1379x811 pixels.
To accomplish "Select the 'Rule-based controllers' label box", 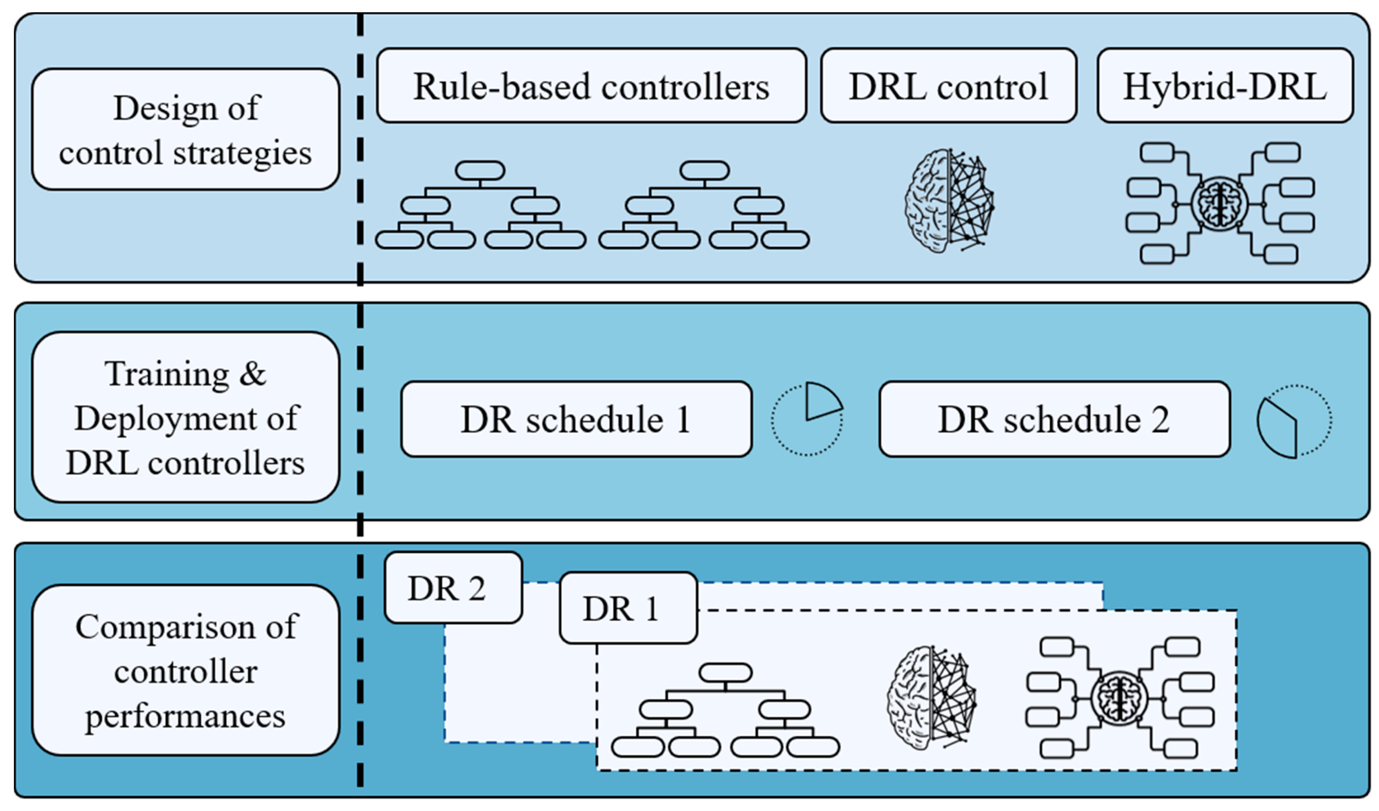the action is click(592, 86).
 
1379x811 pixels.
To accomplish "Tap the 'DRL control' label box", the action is click(949, 86).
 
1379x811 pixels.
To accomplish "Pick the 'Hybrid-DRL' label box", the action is click(1225, 86).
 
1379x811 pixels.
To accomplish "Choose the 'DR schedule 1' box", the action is click(576, 419).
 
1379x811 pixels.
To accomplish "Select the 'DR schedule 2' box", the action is click(1054, 419).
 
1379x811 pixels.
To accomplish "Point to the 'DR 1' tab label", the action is click(628, 608).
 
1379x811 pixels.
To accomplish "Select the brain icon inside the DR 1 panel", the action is click(932, 698).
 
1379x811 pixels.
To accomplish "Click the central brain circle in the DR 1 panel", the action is click(1119, 699).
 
